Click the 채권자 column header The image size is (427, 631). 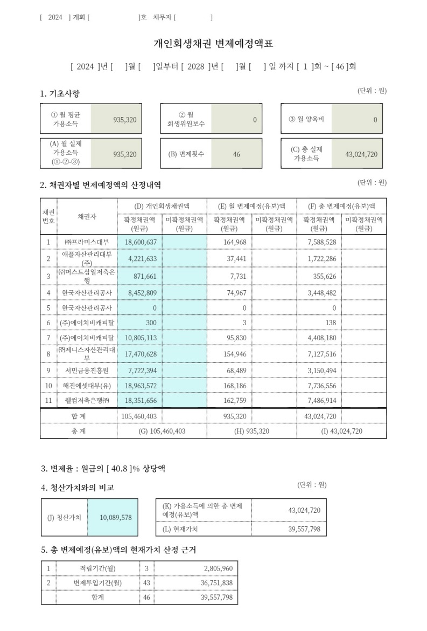[87, 216]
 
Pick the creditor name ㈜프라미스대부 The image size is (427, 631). [87, 242]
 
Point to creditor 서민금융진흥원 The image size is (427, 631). [87, 371]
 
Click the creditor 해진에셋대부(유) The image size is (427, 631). [87, 387]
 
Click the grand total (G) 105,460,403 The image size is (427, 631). [162, 431]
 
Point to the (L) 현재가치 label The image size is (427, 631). [180, 529]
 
